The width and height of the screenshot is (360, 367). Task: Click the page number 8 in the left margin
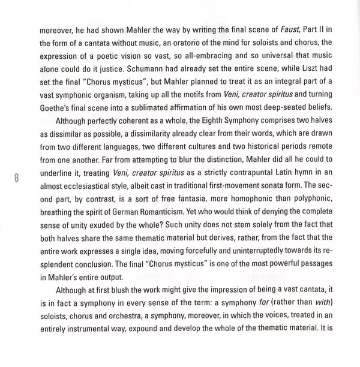(17, 177)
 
